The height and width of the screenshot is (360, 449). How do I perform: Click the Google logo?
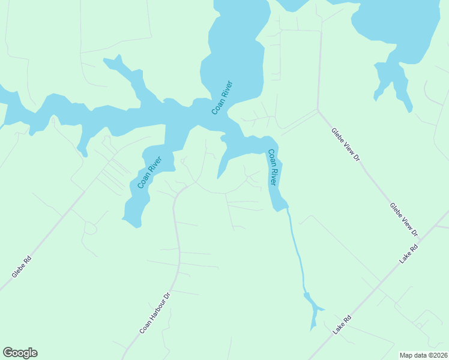pos(20,353)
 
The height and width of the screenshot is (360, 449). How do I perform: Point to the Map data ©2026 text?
pos(423,355)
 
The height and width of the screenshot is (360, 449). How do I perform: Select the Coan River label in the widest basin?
pos(221,98)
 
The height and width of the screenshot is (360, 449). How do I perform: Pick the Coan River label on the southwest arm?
pos(149,173)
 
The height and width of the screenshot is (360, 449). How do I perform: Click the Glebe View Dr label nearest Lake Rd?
pos(403,219)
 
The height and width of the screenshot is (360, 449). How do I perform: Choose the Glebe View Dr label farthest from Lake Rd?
pos(346,145)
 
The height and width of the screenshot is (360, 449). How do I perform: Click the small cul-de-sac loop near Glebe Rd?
pos(90,228)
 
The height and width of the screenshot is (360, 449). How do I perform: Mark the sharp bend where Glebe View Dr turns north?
pos(318,110)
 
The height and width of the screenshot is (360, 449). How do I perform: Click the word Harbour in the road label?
pos(155,313)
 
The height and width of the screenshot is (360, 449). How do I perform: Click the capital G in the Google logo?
pos(8,353)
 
